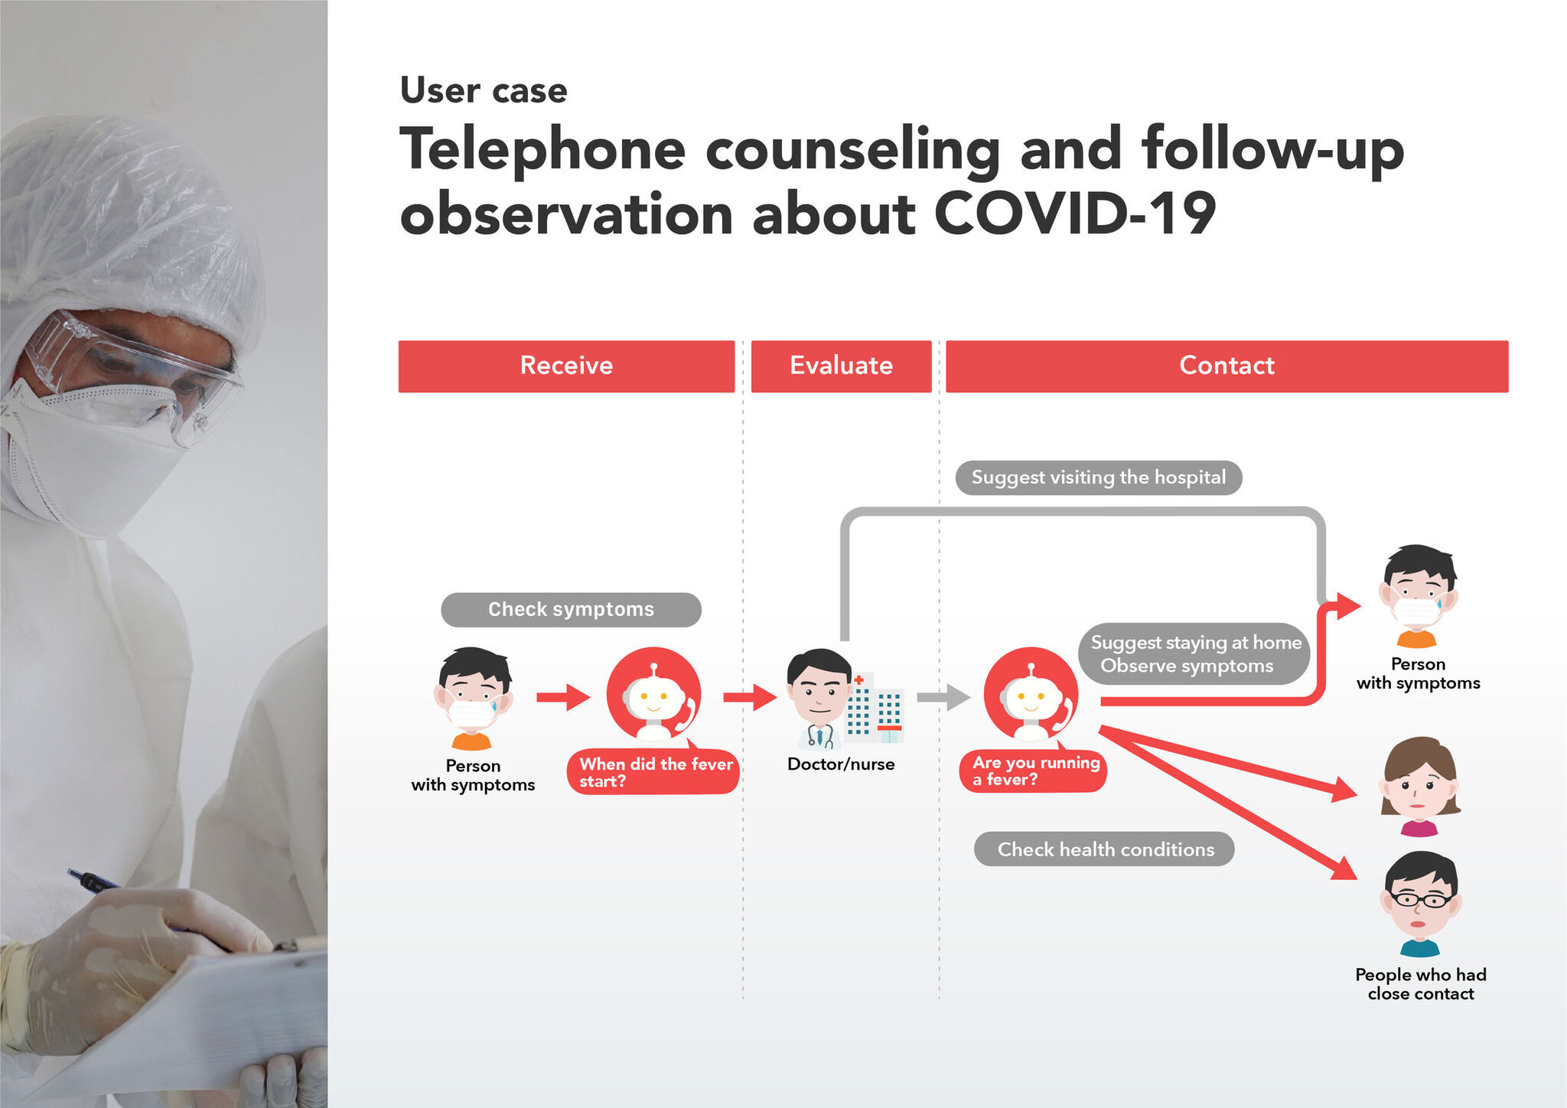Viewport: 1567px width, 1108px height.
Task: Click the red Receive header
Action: tap(566, 366)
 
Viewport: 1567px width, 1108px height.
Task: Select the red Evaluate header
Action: tap(841, 366)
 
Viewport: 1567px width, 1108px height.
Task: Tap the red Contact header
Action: tap(1227, 366)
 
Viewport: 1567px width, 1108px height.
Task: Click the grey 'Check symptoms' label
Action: tap(571, 610)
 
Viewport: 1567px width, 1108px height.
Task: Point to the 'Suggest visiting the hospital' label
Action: tap(1099, 477)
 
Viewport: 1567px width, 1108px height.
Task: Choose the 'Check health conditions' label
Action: tap(1104, 849)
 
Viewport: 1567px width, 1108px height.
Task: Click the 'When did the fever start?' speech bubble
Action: tap(653, 771)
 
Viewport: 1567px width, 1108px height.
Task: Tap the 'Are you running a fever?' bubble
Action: tap(1033, 770)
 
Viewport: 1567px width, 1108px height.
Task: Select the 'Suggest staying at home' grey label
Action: tap(1194, 654)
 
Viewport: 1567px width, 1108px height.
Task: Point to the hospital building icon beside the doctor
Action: tap(875, 709)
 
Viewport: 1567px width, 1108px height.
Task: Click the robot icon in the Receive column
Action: tap(653, 695)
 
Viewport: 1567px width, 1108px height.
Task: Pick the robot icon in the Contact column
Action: tap(1031, 695)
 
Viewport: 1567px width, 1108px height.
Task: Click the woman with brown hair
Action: tap(1420, 787)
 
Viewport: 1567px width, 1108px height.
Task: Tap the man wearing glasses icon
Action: tap(1420, 904)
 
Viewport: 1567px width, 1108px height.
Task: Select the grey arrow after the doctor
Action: tap(943, 697)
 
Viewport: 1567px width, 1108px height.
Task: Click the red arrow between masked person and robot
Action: tap(563, 697)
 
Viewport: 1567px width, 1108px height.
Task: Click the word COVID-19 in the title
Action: tap(1075, 213)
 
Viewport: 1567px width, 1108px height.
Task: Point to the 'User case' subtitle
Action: tap(484, 90)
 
